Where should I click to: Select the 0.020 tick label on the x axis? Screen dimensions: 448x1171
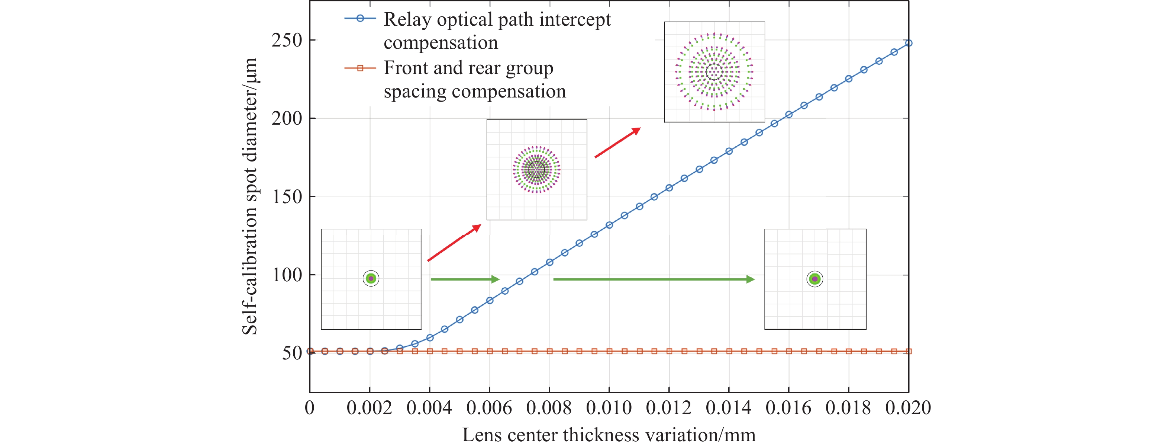pyautogui.click(x=908, y=407)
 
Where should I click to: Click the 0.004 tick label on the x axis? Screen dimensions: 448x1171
pyautogui.click(x=429, y=407)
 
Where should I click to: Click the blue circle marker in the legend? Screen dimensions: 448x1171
pyautogui.click(x=360, y=19)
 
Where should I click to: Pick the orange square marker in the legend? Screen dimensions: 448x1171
pyautogui.click(x=360, y=68)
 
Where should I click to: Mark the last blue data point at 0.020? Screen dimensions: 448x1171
pyautogui.click(x=909, y=43)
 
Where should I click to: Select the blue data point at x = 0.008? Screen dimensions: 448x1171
pyautogui.click(x=549, y=262)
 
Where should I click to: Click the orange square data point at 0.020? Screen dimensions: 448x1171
pyautogui.click(x=909, y=351)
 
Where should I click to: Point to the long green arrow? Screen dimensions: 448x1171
pyautogui.click(x=654, y=279)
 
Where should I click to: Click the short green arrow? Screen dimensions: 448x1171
pyautogui.click(x=465, y=279)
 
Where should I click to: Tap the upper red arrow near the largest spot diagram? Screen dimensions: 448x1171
pyautogui.click(x=617, y=143)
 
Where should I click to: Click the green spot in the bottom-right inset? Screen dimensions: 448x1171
pyautogui.click(x=814, y=279)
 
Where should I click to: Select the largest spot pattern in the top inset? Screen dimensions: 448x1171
pyautogui.click(x=714, y=72)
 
